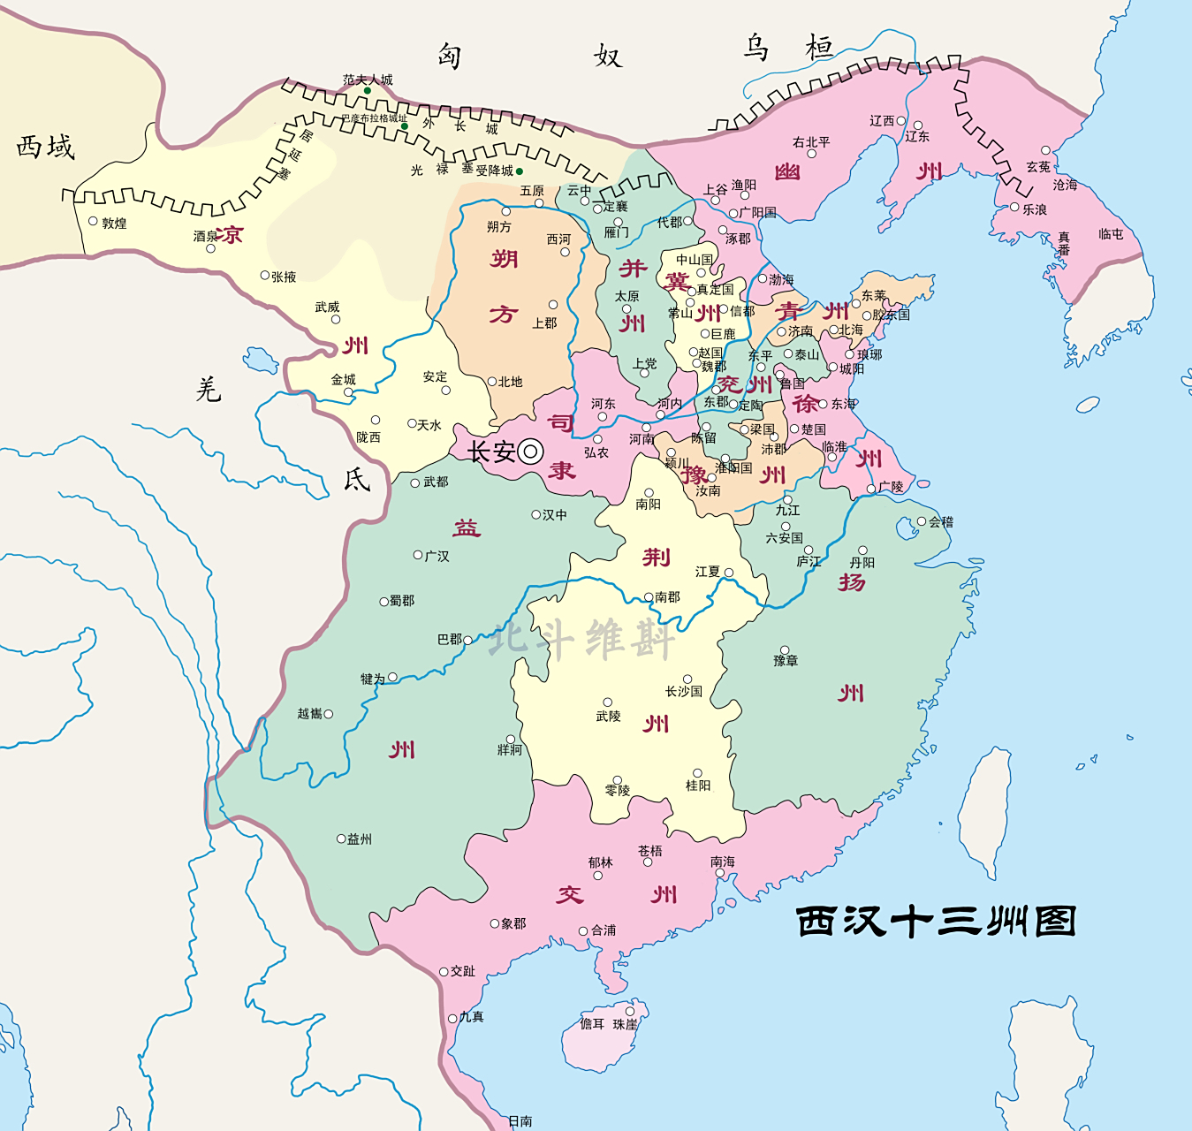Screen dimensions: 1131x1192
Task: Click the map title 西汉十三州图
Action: (x=937, y=922)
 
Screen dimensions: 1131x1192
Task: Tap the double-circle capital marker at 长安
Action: (x=529, y=452)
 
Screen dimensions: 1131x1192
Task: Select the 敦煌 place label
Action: (x=114, y=224)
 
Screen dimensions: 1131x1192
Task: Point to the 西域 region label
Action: (x=46, y=147)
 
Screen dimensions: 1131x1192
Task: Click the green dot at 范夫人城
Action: (x=368, y=90)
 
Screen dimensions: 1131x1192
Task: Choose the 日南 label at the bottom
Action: (x=520, y=1120)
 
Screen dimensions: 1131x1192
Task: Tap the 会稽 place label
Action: (x=941, y=522)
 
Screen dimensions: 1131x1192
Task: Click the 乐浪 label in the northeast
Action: (x=1035, y=209)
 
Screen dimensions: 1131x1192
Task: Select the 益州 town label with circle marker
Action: (x=359, y=839)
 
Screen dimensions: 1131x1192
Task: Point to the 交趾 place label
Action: (x=463, y=971)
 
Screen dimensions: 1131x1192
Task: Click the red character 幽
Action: (x=787, y=171)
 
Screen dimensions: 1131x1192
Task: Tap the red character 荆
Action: (x=657, y=558)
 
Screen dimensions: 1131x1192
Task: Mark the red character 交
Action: (x=570, y=895)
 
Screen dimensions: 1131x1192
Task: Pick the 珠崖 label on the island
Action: (x=625, y=1024)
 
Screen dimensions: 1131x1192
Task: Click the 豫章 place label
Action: (x=786, y=660)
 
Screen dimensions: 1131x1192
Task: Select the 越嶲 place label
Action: (x=309, y=713)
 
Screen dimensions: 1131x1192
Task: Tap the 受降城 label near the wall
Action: (x=494, y=171)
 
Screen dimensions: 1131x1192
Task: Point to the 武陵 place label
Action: (x=608, y=716)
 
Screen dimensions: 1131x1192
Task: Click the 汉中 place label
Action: (x=554, y=514)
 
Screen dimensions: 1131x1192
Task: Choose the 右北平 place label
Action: (x=810, y=141)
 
